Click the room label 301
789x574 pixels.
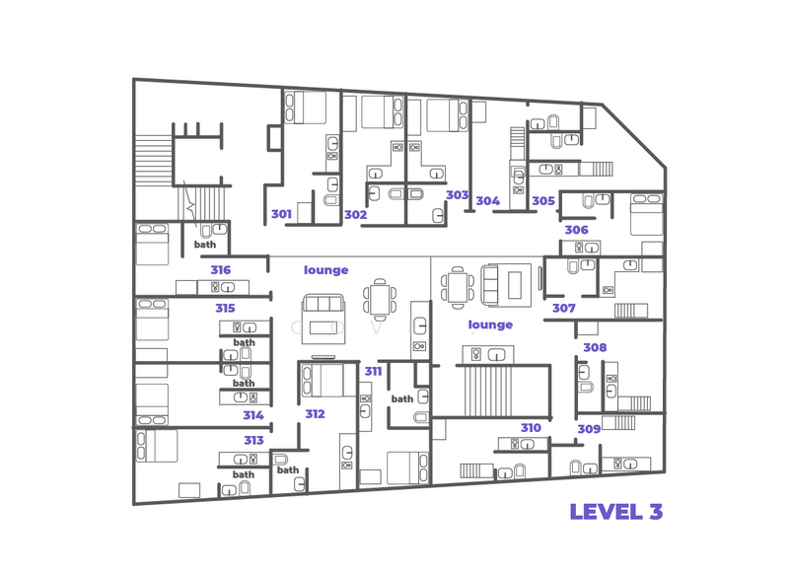(281, 214)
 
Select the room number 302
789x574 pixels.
(355, 215)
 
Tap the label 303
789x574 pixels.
(457, 195)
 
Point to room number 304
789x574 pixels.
(487, 201)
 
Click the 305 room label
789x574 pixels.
(542, 201)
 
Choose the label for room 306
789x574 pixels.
(576, 230)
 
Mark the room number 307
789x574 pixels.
(563, 309)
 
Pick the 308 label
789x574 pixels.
(595, 348)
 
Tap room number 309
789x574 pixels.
(589, 429)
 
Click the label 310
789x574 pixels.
(531, 428)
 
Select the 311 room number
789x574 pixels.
(373, 372)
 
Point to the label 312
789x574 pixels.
(315, 414)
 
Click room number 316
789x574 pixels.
(220, 270)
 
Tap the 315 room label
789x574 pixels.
(225, 309)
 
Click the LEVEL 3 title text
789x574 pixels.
(615, 512)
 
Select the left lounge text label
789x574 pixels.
(325, 270)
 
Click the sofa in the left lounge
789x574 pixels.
(323, 316)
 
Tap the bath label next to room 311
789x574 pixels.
(402, 399)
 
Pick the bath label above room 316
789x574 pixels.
(204, 245)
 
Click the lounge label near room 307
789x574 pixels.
(490, 324)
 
